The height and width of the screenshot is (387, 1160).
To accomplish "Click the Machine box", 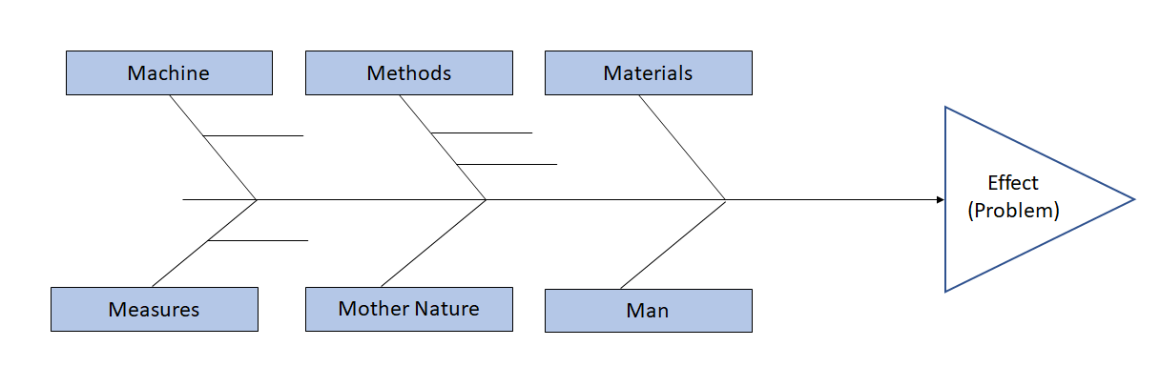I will [x=169, y=73].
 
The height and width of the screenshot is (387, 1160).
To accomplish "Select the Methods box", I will [x=408, y=73].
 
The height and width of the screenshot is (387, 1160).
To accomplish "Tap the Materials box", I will [x=648, y=73].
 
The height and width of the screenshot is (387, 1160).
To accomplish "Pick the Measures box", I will [x=154, y=309].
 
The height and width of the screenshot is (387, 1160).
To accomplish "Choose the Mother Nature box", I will [x=408, y=309].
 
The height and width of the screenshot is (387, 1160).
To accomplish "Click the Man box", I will [x=648, y=310].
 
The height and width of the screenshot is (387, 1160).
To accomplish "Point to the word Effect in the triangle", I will [x=1013, y=183].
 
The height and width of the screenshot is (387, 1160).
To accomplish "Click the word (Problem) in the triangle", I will [x=1013, y=211].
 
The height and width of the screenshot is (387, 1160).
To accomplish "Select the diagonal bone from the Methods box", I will [x=443, y=147].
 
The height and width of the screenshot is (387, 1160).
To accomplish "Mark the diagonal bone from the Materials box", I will [x=682, y=147].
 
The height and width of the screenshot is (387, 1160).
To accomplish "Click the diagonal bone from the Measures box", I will [x=204, y=243].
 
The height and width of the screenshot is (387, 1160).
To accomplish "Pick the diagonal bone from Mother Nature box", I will [x=434, y=243].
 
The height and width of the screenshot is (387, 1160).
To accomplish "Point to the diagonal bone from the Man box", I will [x=673, y=243].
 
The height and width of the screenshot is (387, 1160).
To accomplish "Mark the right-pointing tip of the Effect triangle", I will [x=1131, y=199].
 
